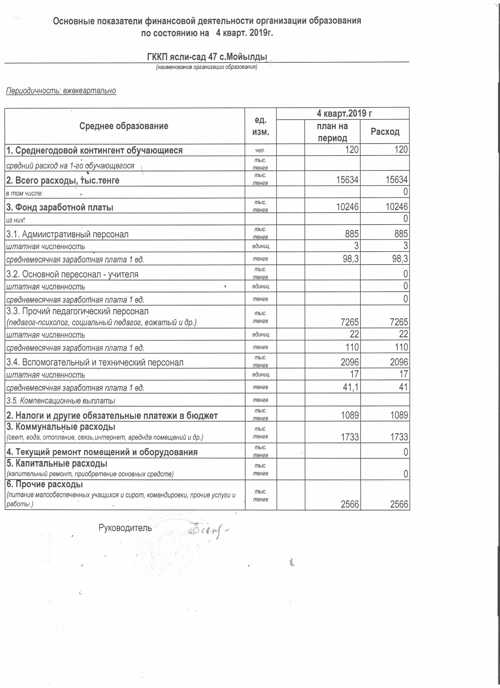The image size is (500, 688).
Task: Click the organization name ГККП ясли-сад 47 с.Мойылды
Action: click(207, 57)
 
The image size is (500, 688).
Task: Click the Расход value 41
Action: click(403, 387)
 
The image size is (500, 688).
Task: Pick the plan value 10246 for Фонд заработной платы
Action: click(347, 207)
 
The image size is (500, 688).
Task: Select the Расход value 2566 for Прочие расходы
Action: click(399, 504)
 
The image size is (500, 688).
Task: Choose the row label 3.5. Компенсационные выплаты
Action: click(61, 401)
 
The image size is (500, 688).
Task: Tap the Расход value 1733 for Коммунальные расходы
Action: click(399, 437)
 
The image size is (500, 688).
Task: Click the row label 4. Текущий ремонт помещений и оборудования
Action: click(102, 452)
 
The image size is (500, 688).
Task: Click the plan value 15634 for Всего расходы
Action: click(347, 180)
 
